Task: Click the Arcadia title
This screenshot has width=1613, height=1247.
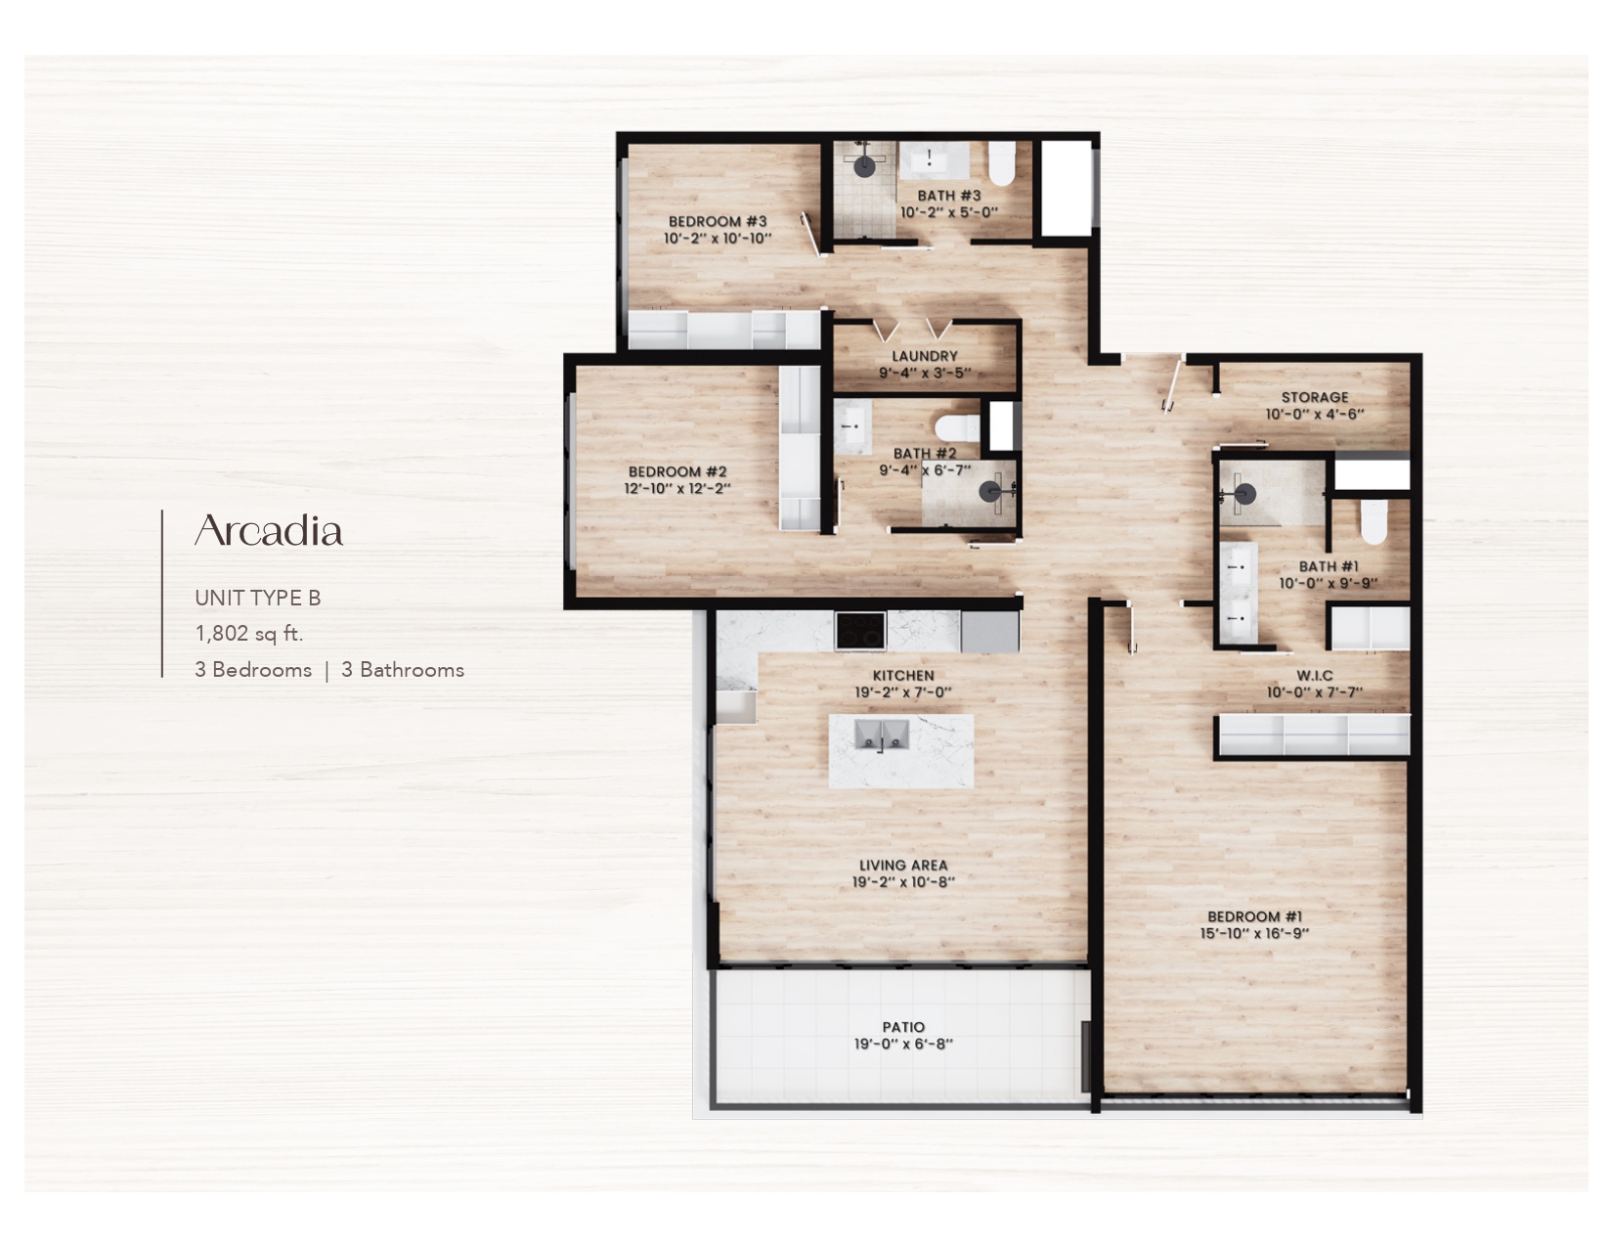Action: click(x=269, y=531)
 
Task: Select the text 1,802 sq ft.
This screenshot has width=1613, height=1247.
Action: click(x=249, y=634)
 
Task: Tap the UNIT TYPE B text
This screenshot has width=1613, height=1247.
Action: click(x=257, y=598)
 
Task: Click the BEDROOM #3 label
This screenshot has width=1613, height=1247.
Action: click(x=718, y=222)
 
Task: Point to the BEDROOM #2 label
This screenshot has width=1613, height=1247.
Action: click(x=677, y=472)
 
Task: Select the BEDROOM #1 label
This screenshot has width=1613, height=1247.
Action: click(x=1254, y=916)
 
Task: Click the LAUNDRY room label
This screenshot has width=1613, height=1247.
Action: click(x=924, y=356)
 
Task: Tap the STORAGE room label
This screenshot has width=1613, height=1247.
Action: click(x=1314, y=397)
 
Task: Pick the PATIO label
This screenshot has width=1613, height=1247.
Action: click(x=902, y=1027)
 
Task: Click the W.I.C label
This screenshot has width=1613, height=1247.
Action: click(x=1314, y=676)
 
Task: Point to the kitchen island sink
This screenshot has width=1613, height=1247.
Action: click(x=882, y=735)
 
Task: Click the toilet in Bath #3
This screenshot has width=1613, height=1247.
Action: click(x=1001, y=162)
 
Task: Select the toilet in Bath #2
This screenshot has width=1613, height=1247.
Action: click(x=957, y=427)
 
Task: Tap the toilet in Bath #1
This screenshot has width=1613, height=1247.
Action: click(x=1373, y=521)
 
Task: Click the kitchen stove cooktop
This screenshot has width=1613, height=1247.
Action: click(x=860, y=630)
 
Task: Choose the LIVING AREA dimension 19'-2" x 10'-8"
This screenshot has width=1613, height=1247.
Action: click(x=902, y=882)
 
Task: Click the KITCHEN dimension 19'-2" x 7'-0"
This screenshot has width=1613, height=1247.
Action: click(x=902, y=692)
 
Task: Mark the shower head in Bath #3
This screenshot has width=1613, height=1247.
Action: click(x=864, y=165)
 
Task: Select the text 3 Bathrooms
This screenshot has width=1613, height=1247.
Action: click(x=402, y=670)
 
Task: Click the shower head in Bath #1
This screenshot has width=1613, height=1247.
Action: click(x=1243, y=494)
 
